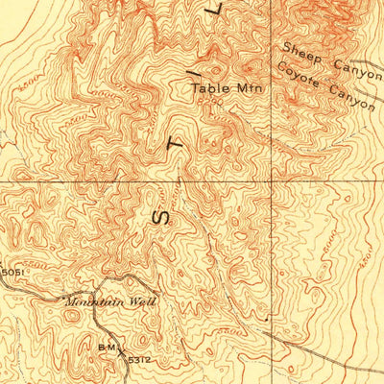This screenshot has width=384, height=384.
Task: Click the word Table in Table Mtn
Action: (x=207, y=88)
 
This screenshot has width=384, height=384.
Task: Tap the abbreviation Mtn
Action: (x=248, y=88)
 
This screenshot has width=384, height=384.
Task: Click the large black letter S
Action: (x=160, y=216)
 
